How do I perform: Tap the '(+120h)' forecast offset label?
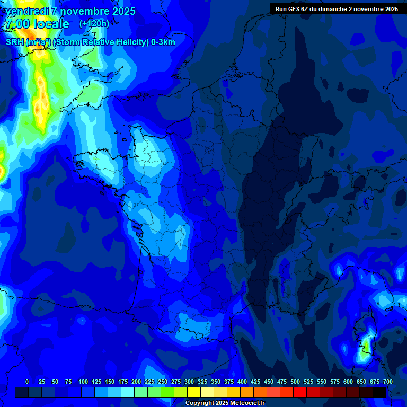[x=94, y=24]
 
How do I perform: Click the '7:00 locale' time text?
[x=36, y=24]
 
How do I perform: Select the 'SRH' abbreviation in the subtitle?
[x=15, y=42]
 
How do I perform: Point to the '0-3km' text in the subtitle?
[x=163, y=42]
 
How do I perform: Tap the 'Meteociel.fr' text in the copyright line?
[x=247, y=403]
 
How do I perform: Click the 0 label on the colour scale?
[x=27, y=382]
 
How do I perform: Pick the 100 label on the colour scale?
[x=83, y=382]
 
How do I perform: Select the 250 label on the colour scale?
[x=163, y=382]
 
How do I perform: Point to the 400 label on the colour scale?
[x=242, y=382]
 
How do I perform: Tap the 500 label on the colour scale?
[x=295, y=382]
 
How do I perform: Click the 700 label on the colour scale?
[x=388, y=382]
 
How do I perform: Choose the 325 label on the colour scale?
[x=202, y=382]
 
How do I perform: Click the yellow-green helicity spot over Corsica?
[x=365, y=346]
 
